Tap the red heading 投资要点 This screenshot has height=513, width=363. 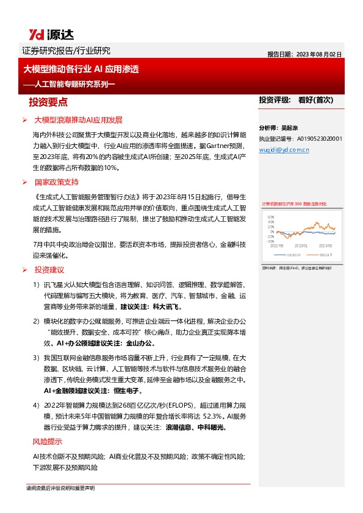coord(48,101)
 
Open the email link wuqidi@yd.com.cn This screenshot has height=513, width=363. coord(285,148)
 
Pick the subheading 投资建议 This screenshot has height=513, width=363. coord(49,269)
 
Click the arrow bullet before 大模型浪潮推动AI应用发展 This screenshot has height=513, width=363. coord(24,119)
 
